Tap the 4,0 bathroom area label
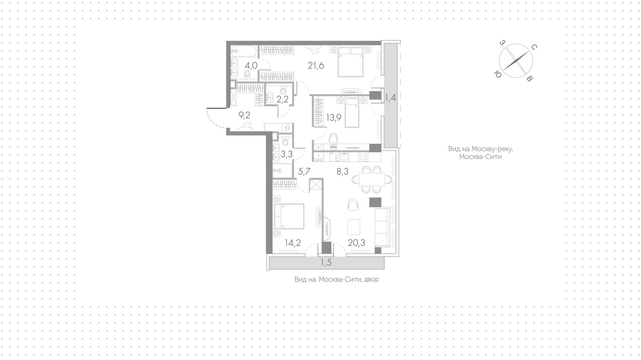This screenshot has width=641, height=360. pos(250,65)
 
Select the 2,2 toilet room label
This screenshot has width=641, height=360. pos(282,99)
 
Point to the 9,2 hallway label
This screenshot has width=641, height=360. pos(244,116)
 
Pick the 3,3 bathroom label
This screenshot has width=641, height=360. pos(287,154)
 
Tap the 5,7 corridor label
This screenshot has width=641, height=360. pos(304,172)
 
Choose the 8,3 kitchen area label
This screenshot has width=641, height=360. pos(342,172)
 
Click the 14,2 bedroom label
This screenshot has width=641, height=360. pos(293,243)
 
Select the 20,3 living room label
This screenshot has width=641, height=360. pos(357,243)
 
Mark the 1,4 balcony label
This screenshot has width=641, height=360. pos(390,98)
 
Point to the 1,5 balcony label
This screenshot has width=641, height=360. pos(326,263)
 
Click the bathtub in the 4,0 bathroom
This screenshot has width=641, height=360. pos(244,51)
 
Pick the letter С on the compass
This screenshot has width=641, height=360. pos(534,48)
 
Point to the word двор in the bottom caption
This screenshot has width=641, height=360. pos(371,280)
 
